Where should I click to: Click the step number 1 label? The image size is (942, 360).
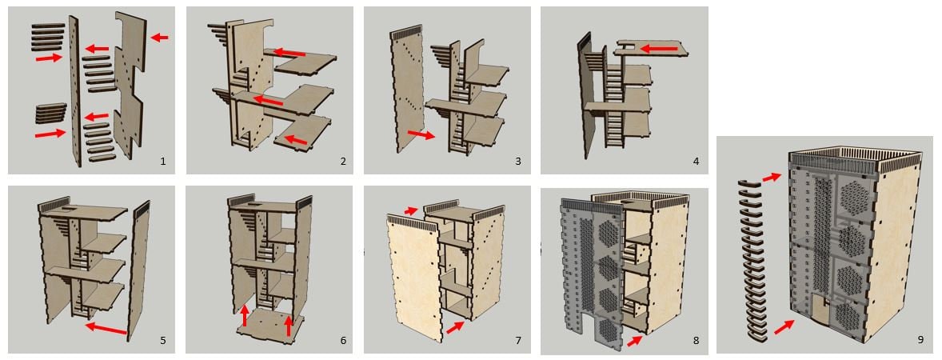[x=162, y=162]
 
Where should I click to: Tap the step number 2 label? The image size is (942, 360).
[x=342, y=162]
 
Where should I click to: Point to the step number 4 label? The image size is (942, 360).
[x=696, y=162]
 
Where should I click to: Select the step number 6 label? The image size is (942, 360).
[x=342, y=341]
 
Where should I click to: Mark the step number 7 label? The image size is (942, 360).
[x=517, y=341]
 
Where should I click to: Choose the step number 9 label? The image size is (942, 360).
[x=920, y=340]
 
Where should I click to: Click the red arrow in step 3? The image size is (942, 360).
[x=421, y=134]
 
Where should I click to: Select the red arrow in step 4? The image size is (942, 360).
[x=660, y=50]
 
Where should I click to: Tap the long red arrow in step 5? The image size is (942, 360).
[x=106, y=328]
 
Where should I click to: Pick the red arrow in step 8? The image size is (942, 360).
[x=633, y=341]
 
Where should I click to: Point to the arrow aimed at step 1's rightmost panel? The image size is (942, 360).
[x=160, y=37]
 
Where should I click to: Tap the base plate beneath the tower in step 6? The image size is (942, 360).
[x=268, y=328]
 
